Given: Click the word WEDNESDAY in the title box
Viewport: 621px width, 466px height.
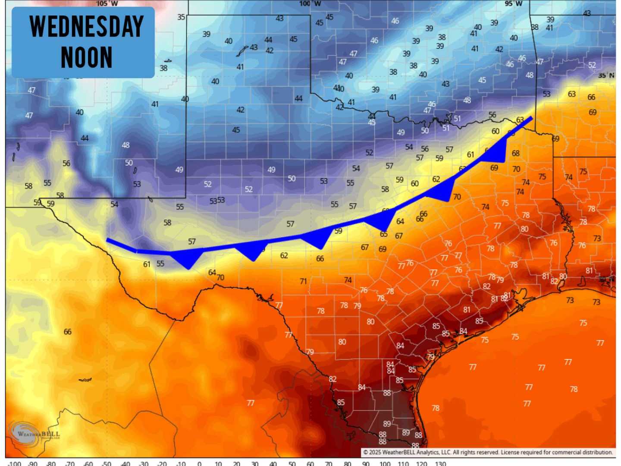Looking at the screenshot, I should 86,27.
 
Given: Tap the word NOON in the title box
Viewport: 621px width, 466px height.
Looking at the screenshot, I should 86,57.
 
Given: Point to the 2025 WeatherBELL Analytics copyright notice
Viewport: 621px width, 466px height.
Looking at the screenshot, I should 487,452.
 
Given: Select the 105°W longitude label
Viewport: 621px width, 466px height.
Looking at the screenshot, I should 107,3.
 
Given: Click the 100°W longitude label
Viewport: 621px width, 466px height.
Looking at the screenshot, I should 310,3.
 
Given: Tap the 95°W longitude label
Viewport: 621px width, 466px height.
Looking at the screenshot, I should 513,3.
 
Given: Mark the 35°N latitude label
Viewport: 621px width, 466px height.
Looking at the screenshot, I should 606,75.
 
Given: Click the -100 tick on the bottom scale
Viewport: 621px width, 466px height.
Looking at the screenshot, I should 14,464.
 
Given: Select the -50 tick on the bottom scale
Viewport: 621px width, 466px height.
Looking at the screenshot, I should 107,464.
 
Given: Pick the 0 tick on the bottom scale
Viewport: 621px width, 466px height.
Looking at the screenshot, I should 199,464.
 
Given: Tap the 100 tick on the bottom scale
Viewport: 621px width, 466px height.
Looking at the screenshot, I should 385,464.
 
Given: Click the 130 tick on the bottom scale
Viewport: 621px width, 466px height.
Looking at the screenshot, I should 440,464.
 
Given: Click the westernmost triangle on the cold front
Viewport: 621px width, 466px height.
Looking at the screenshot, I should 188,259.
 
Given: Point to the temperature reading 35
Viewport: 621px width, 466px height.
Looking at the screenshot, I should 181,17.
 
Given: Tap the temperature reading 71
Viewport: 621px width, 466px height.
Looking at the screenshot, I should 303,281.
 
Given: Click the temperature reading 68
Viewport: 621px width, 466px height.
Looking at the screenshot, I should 516,153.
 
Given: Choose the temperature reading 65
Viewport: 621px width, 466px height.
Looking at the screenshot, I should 384,234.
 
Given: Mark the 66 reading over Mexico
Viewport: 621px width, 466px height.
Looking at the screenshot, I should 68,332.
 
